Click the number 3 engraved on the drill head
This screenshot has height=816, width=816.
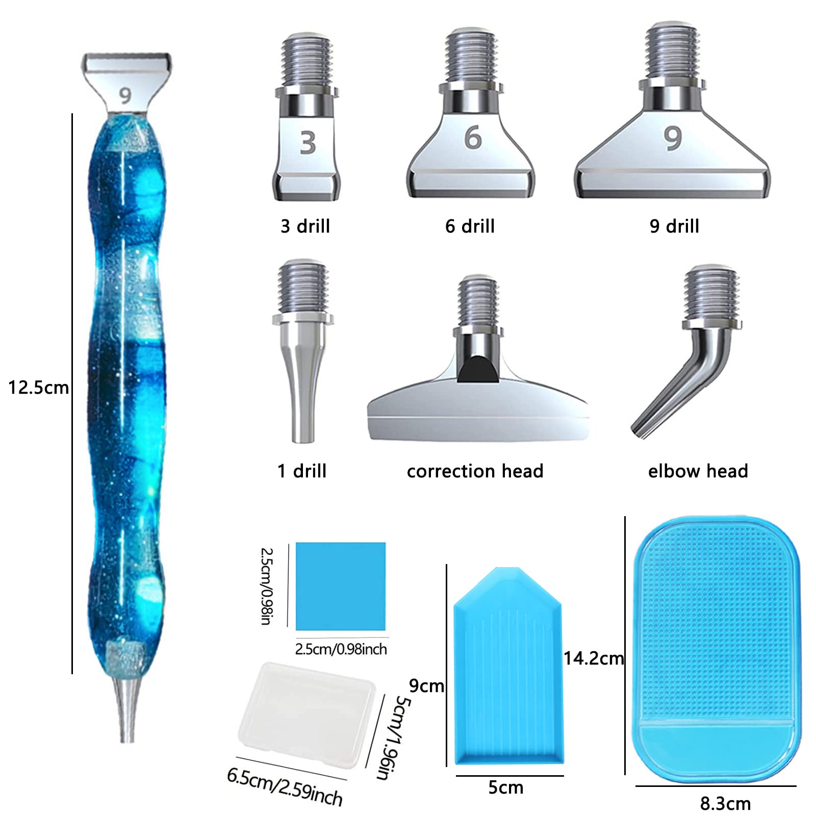click(x=308, y=143)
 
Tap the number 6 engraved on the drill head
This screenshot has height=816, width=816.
click(x=473, y=138)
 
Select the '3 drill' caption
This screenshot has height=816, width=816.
click(x=305, y=226)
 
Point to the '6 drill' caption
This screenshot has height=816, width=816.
click(x=470, y=226)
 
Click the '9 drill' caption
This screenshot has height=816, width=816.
click(x=674, y=226)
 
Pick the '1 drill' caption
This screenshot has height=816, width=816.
click(x=302, y=471)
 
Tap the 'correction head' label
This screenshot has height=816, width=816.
click(x=475, y=471)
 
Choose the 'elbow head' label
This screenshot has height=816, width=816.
click(x=698, y=471)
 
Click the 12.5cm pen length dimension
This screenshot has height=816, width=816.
click(x=38, y=388)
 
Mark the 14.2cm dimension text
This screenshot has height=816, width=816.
click(x=594, y=658)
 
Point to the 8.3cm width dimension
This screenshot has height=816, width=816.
click(x=725, y=804)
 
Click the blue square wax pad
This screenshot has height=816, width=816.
click(x=341, y=586)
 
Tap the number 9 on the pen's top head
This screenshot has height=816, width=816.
click(x=125, y=95)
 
